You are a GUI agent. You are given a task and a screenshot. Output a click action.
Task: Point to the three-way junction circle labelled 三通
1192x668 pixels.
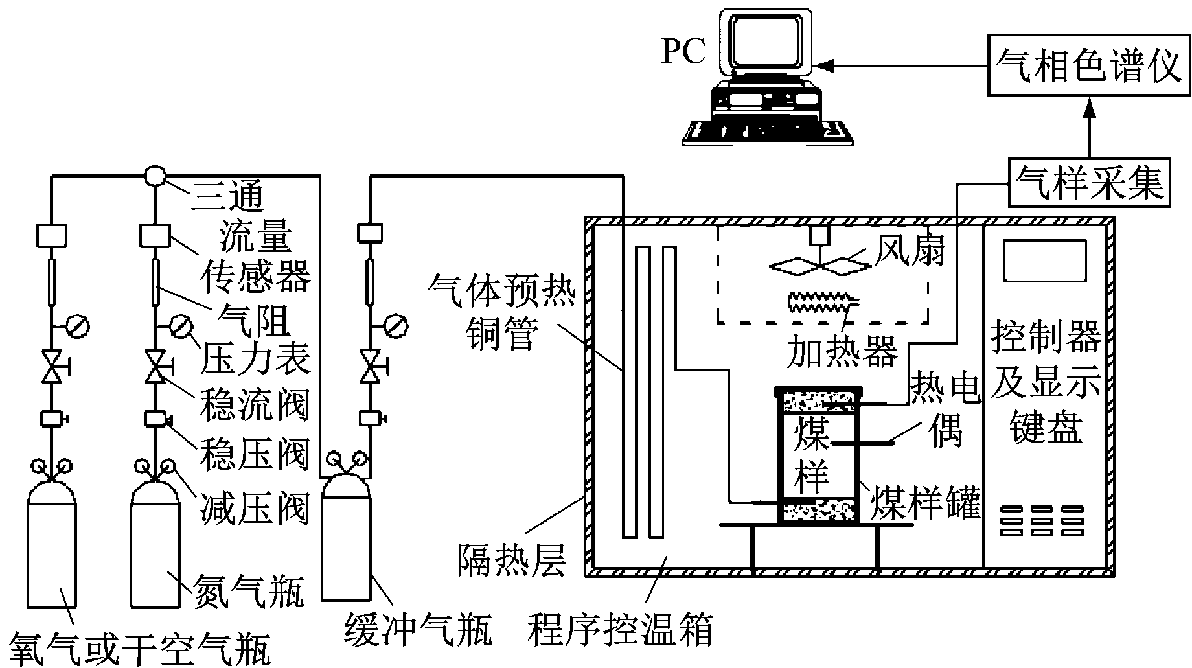click(155, 176)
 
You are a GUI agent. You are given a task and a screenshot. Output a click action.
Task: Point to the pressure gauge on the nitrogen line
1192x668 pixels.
click(180, 326)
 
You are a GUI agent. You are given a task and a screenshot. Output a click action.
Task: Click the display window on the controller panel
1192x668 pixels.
click(1044, 260)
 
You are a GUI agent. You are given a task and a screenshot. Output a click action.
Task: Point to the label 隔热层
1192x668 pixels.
click(512, 560)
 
